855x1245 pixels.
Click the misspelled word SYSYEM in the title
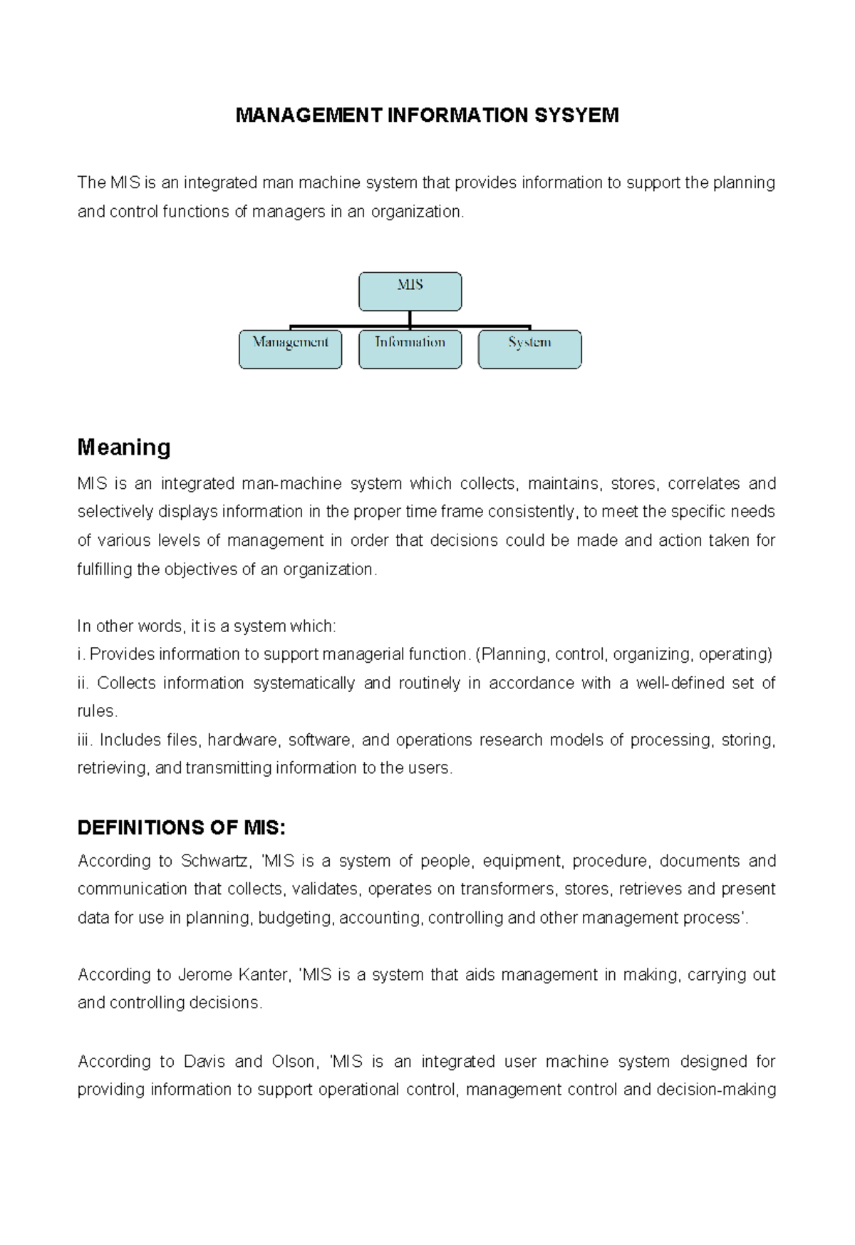pos(582,115)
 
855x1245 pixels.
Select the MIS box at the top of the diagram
pos(410,291)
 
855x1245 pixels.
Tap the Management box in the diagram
pos(290,349)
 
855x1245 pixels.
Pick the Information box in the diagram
pos(410,349)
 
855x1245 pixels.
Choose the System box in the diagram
pos(529,349)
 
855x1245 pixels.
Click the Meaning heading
pos(123,448)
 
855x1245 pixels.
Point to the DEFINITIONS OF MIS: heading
pos(181,827)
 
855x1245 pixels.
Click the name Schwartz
pos(214,861)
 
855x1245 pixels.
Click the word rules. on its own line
pos(96,711)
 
